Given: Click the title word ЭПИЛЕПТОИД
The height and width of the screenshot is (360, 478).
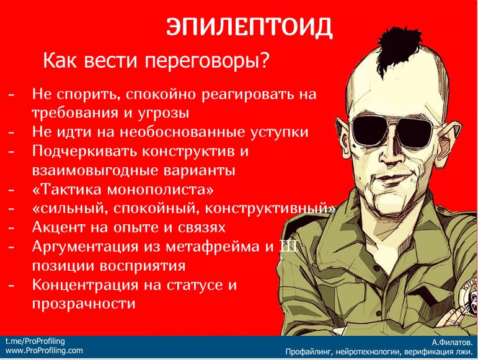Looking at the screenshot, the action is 249,27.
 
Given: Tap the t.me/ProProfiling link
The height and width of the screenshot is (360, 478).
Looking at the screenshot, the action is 35,341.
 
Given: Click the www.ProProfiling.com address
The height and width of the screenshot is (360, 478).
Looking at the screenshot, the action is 44,351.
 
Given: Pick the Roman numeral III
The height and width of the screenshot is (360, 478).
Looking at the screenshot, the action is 288,247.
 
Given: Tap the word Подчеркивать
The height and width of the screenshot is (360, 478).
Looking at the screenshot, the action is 85,151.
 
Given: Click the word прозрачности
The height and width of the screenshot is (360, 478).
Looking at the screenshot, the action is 84,304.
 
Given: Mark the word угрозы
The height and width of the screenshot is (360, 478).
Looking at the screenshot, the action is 163,113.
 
